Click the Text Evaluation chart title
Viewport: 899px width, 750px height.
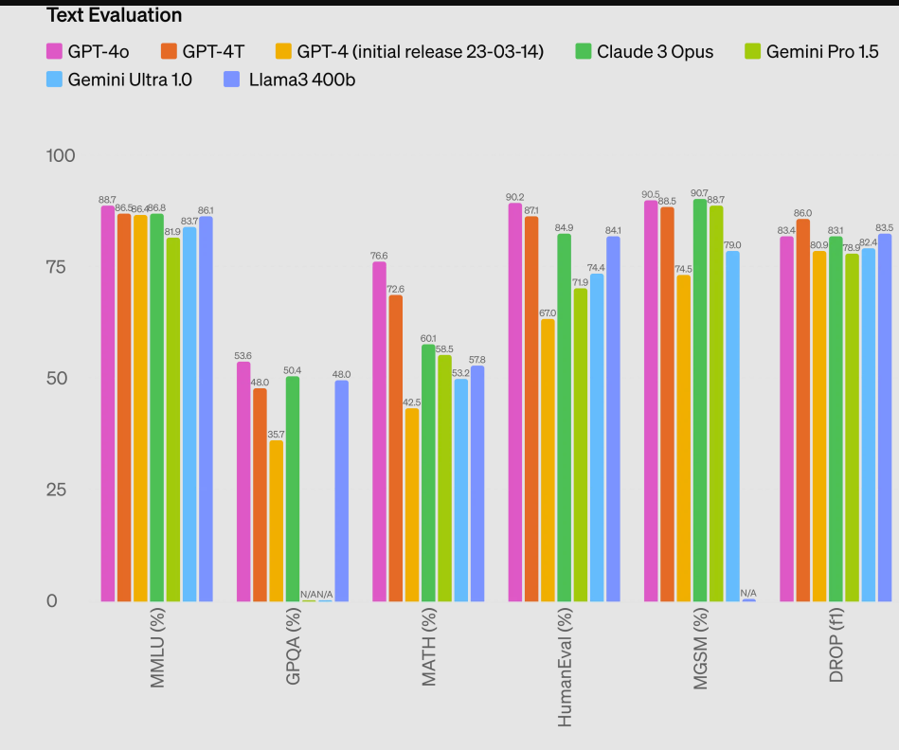(115, 15)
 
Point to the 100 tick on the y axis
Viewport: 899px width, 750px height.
(62, 156)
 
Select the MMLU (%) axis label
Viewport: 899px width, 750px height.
(157, 649)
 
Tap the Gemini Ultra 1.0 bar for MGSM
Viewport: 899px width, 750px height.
(732, 426)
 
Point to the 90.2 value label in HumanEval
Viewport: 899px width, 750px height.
(515, 197)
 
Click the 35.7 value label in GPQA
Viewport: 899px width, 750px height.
(276, 435)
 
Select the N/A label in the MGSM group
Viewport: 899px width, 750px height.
(748, 593)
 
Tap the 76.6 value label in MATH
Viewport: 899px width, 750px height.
(379, 256)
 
